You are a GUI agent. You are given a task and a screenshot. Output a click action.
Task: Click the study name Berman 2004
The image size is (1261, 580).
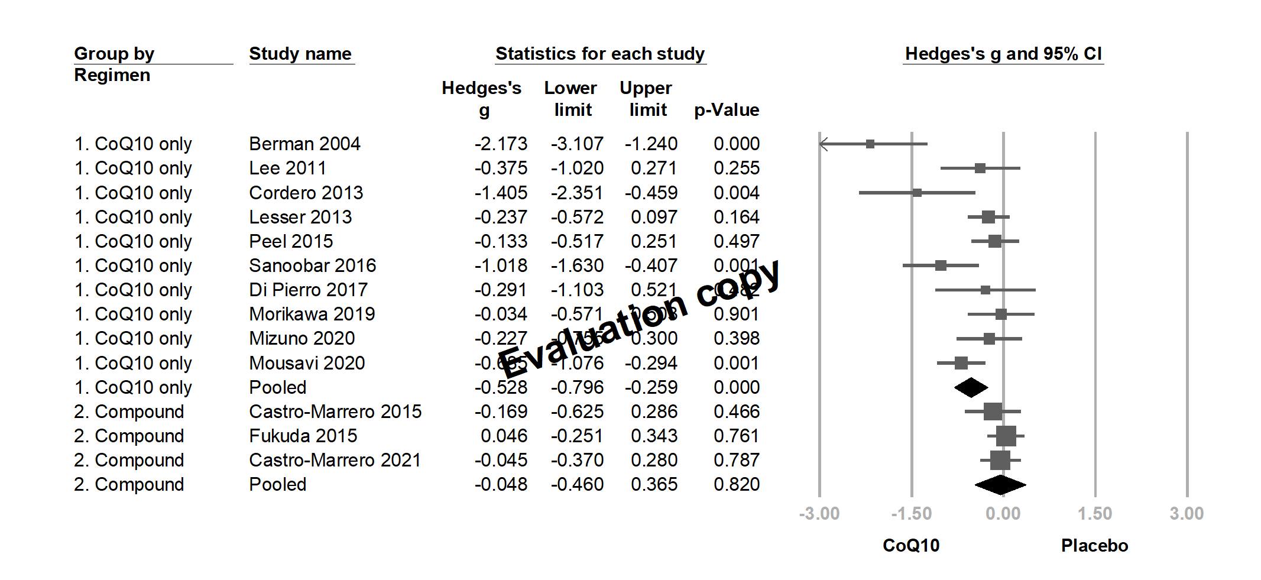click(304, 144)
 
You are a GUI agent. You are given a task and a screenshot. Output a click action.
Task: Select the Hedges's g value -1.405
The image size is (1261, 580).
click(501, 193)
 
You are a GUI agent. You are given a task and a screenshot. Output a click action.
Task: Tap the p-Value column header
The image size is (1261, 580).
click(727, 110)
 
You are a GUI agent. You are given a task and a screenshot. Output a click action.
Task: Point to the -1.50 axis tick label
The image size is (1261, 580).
click(911, 513)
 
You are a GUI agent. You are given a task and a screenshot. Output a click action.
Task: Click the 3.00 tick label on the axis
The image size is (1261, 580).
click(1186, 513)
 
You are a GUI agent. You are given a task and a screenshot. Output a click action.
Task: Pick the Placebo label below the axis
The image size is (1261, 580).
click(1094, 545)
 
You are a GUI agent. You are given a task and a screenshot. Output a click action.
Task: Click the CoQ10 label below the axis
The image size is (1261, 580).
click(910, 545)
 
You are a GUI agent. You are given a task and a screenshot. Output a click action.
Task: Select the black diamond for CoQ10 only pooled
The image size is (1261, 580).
click(971, 387)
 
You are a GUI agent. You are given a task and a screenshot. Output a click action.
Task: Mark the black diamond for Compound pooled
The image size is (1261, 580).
click(1000, 485)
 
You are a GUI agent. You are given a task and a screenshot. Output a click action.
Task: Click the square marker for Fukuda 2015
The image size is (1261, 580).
click(1006, 436)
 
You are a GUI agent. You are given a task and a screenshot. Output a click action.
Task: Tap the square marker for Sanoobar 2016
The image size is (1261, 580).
click(941, 265)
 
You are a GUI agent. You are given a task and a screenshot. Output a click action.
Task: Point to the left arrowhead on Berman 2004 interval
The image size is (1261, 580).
click(823, 144)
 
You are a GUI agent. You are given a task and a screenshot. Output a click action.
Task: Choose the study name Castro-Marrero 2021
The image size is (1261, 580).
click(335, 460)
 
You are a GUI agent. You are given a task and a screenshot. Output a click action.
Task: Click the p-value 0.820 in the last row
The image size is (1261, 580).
click(736, 484)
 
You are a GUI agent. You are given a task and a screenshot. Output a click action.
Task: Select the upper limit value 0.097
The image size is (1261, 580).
click(654, 217)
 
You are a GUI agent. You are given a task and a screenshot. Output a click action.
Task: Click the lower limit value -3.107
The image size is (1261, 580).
click(577, 144)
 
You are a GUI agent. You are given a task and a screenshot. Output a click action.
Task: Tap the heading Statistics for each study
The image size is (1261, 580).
click(600, 54)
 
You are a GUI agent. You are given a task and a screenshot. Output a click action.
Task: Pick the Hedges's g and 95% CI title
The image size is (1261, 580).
click(1003, 54)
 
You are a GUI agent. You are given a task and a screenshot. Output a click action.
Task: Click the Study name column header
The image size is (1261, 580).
click(300, 54)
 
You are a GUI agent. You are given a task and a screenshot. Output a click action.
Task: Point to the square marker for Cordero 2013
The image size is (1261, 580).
click(917, 193)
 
